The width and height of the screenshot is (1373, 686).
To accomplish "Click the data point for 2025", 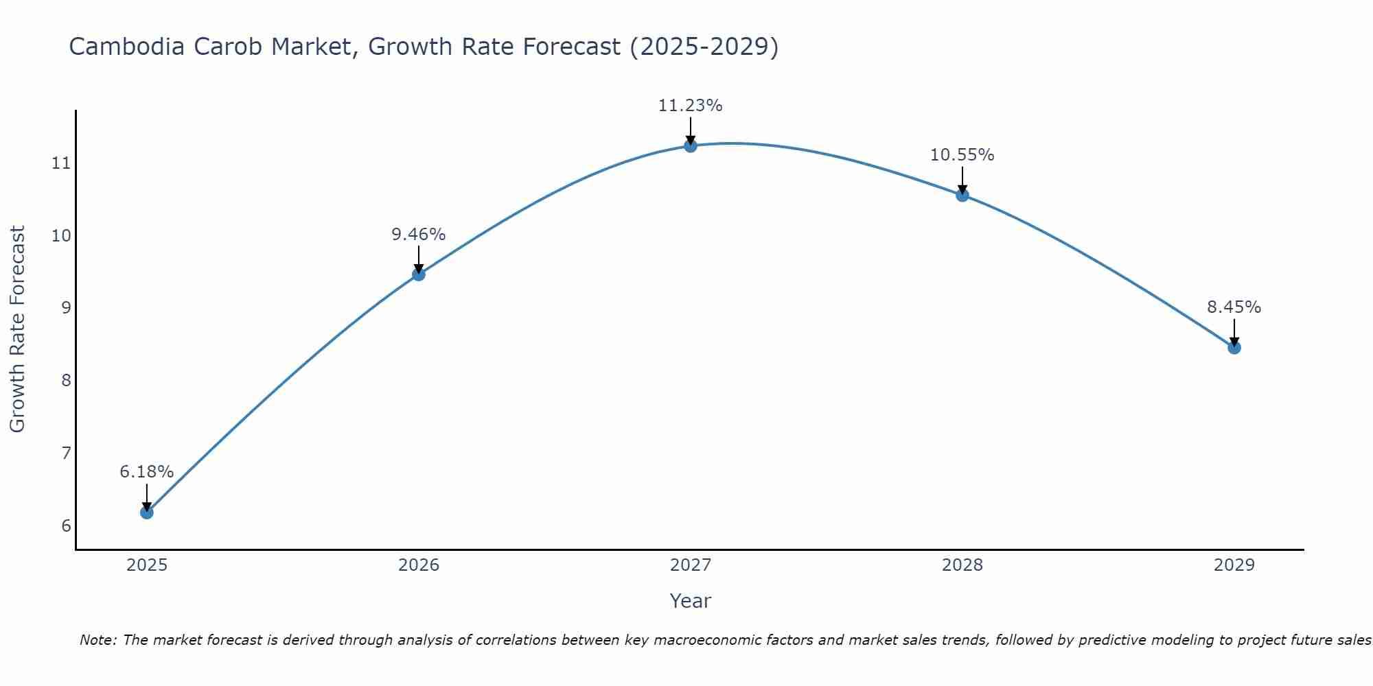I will tap(147, 512).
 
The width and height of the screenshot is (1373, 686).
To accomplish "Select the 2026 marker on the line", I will tap(419, 274).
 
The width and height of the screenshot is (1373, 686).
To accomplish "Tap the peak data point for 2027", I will tap(691, 145).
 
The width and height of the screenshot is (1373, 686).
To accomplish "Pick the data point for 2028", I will tap(962, 195).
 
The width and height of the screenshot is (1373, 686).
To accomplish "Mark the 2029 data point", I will tap(1234, 348).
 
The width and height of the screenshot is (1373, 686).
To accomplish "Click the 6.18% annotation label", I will tap(147, 472).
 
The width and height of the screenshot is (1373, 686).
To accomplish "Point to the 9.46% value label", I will tap(419, 235).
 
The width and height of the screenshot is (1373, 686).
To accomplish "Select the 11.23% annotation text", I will tap(691, 106).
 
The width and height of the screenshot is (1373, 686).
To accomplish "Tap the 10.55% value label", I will tap(962, 155).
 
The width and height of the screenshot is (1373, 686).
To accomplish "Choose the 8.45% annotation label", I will tap(1234, 307).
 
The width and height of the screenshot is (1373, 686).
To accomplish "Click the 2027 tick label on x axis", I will tap(691, 565).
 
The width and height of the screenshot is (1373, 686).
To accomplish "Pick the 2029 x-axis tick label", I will tap(1234, 565).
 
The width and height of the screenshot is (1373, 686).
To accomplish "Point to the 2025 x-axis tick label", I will tap(147, 565).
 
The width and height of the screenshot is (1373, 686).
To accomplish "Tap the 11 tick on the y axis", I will tap(61, 163).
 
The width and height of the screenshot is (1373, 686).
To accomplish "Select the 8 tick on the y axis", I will tap(66, 380).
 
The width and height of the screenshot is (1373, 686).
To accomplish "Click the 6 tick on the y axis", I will tap(66, 525).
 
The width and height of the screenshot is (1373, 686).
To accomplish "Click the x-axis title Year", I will tap(691, 601).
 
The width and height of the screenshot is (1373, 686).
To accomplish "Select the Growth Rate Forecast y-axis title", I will tap(18, 329).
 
